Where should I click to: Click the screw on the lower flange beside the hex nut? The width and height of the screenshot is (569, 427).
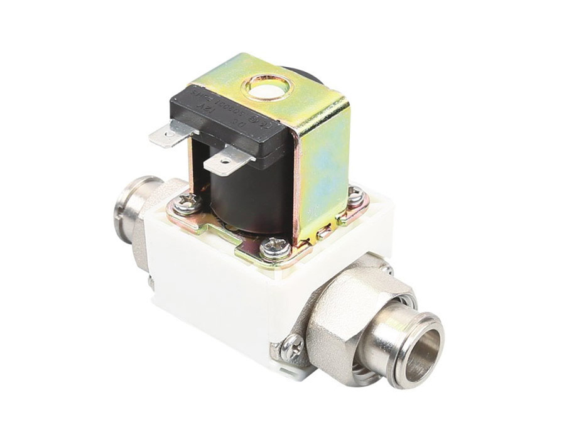293,344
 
